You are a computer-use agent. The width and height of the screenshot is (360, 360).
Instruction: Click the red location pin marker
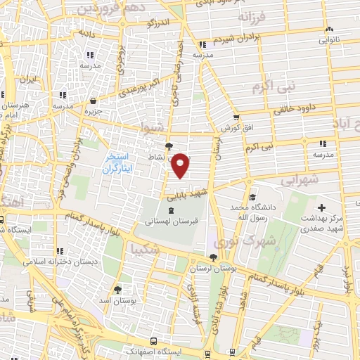pyautogui.click(x=181, y=165)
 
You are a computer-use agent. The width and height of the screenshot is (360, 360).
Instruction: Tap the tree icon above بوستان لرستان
pyautogui.click(x=213, y=257)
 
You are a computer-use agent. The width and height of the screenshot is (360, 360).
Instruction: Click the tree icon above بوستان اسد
pyautogui.click(x=117, y=289)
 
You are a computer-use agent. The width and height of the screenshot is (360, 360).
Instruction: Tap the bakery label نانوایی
pyautogui.click(x=333, y=40)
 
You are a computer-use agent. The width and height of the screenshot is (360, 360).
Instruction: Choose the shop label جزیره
pyautogui.click(x=94, y=110)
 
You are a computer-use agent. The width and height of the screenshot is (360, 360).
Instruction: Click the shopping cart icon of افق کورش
pyautogui.click(x=237, y=117)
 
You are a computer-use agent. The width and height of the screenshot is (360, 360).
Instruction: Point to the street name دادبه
pyautogui.click(x=86, y=32)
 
